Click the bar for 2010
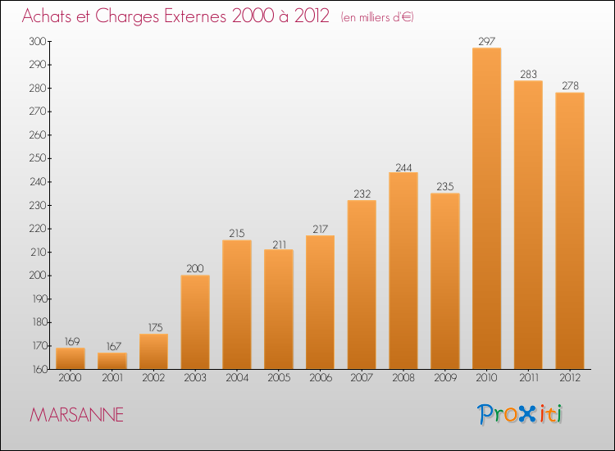(486, 208)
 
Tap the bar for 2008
(403, 271)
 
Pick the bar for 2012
(570, 230)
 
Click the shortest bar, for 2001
(112, 361)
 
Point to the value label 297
(486, 41)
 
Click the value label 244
(403, 166)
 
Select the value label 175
(153, 328)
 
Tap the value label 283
(528, 74)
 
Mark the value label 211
(278, 244)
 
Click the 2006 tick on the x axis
(320, 379)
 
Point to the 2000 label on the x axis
(70, 379)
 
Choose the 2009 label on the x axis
(444, 379)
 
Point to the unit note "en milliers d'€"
(377, 17)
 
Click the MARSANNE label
(77, 416)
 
